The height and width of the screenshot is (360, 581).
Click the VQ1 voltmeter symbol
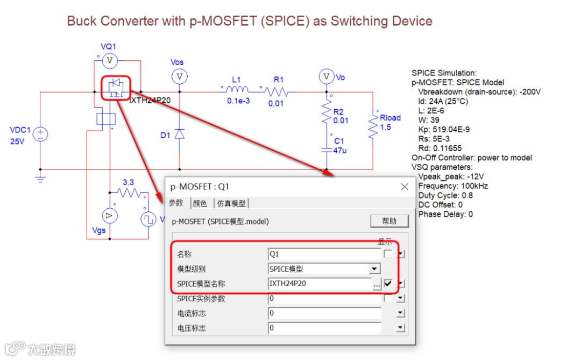[x=110, y=61]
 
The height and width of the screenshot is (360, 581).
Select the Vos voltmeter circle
[x=180, y=77]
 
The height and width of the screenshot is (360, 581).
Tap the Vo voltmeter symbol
[x=325, y=77]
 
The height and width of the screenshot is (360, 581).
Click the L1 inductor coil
[x=235, y=89]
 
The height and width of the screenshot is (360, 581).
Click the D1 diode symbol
[x=180, y=135]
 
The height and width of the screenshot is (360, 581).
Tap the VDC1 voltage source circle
[x=40, y=135]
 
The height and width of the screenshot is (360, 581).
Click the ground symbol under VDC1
[x=40, y=178]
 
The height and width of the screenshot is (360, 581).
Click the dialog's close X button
[x=405, y=187]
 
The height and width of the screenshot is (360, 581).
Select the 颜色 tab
[x=200, y=203]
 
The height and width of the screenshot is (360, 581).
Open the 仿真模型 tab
[x=231, y=203]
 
